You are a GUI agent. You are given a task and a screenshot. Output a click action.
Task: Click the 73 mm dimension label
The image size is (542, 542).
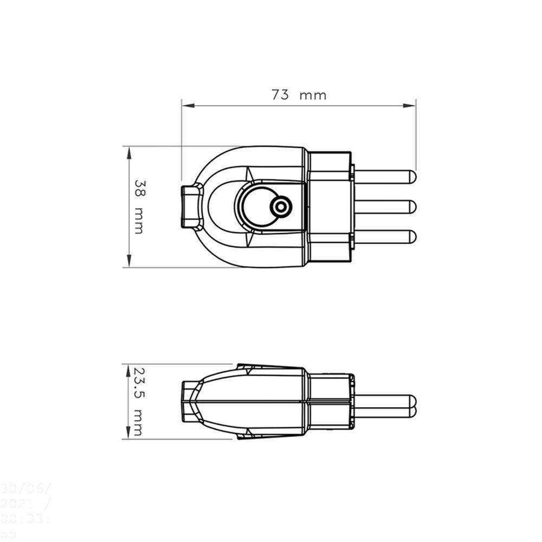tap(299, 95)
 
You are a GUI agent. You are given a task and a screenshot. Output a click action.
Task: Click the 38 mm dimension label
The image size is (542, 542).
tap(139, 207)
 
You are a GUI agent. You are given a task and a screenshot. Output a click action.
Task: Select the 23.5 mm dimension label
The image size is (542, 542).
tap(139, 401)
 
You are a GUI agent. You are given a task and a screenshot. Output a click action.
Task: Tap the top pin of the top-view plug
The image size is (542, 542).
tap(385, 177)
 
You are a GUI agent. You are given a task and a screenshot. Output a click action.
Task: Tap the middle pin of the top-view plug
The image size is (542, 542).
tap(385, 207)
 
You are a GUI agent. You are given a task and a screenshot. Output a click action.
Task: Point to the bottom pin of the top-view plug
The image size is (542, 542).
tap(385, 236)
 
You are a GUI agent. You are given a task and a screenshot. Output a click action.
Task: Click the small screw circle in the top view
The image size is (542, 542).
tap(281, 207)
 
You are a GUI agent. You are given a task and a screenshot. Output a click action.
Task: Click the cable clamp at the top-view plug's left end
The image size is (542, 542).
tap(191, 207)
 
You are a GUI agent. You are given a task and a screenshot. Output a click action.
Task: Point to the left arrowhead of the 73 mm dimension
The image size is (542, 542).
tap(186, 106)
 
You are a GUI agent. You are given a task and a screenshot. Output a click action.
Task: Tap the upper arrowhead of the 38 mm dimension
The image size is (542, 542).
tap(129, 151)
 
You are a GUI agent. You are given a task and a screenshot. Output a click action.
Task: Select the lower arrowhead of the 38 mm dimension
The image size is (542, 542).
tap(129, 263)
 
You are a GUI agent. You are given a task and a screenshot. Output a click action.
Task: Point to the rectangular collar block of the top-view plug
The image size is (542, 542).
tap(330, 207)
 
